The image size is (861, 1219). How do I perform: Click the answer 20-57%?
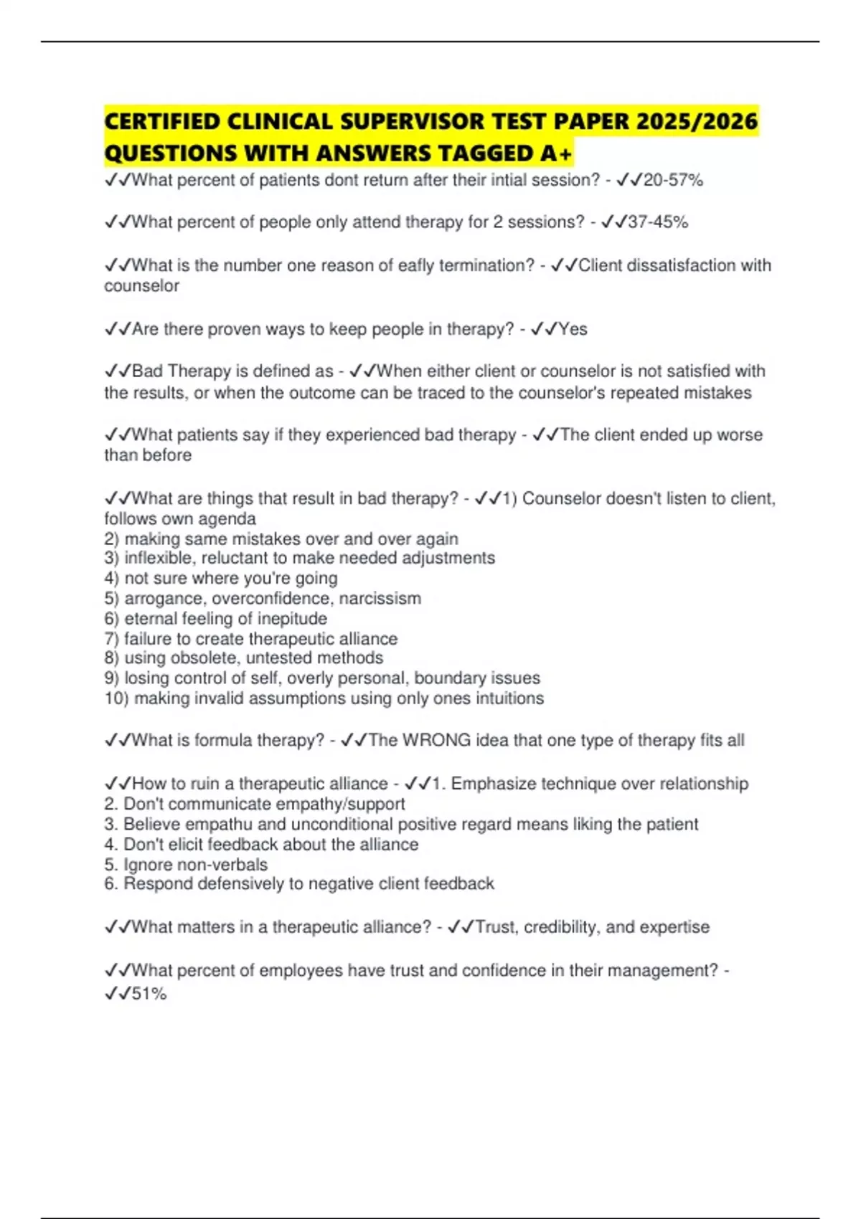(x=673, y=180)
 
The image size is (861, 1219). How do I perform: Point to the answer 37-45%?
(x=658, y=222)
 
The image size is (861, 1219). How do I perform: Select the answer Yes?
(x=573, y=329)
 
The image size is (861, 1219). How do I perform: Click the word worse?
(x=740, y=435)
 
